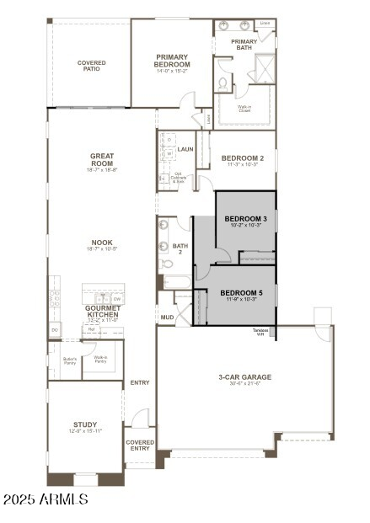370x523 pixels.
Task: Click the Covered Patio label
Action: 92,66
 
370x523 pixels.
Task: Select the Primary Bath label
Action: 244,45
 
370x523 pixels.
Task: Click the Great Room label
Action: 102,159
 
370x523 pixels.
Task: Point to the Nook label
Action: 102,245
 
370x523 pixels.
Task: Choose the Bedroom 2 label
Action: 243,158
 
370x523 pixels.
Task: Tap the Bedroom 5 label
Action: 244,292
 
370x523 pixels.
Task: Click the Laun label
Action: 185,149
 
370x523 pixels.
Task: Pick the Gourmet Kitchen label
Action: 102,311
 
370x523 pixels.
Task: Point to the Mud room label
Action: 167,318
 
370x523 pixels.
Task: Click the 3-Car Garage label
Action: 244,378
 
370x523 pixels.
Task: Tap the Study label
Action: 84,425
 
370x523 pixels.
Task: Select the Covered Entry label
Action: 140,445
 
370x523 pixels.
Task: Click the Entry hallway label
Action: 140,382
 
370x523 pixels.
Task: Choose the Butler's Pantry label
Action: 70,360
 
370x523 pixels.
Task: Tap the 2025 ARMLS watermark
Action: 46,499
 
